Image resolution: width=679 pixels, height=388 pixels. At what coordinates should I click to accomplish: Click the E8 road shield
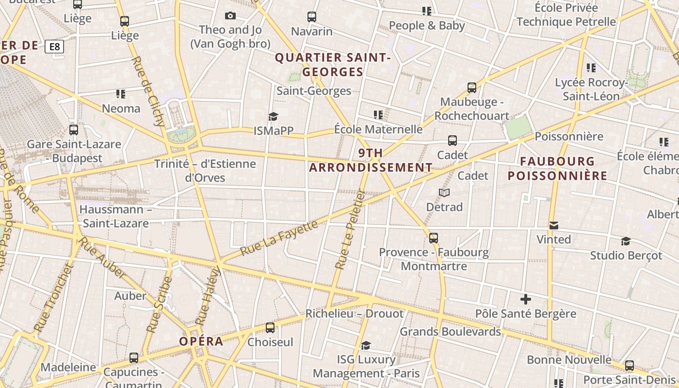[54, 47]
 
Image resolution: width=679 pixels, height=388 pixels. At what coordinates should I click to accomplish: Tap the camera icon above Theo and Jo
[230, 16]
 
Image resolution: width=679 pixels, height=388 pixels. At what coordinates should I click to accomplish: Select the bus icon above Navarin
[312, 17]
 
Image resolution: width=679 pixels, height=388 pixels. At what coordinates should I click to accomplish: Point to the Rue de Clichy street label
[148, 91]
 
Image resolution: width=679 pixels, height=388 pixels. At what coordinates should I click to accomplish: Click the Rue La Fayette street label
[279, 238]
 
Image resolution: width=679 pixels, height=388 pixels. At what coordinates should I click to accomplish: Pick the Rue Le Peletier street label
[350, 229]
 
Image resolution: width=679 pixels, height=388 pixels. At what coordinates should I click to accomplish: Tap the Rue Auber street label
[102, 257]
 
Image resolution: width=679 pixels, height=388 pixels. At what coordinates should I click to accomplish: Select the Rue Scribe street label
[160, 304]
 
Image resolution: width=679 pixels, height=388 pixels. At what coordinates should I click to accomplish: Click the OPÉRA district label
[201, 341]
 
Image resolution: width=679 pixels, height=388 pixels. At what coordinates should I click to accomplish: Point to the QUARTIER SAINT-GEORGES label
[333, 65]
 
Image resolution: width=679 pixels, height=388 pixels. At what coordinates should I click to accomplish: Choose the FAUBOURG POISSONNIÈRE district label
[557, 168]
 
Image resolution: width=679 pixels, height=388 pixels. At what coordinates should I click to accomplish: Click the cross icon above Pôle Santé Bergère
[525, 299]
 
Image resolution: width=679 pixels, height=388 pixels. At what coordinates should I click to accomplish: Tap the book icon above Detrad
[444, 193]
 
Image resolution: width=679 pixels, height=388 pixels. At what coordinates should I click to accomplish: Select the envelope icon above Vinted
[554, 226]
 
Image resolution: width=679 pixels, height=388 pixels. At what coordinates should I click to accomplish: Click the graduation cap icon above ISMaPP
[273, 116]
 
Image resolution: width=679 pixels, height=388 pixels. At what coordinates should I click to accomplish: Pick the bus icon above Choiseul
[270, 328]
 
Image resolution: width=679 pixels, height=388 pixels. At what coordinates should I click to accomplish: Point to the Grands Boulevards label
[450, 332]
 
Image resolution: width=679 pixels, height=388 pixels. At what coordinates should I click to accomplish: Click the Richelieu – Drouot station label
[354, 314]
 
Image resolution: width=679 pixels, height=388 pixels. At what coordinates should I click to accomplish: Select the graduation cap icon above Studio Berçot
[626, 241]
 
